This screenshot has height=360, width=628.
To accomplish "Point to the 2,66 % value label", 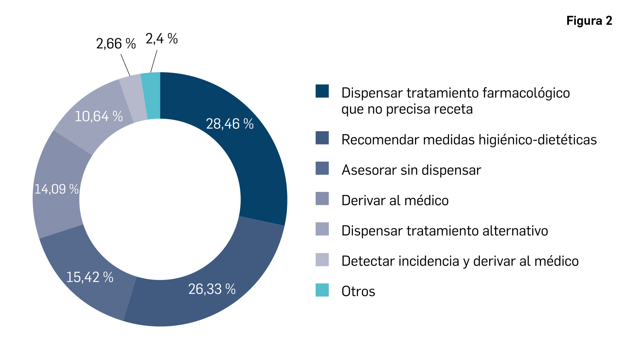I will (116, 44).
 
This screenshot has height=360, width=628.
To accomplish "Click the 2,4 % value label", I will (161, 39).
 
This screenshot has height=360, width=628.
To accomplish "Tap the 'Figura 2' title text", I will (589, 21).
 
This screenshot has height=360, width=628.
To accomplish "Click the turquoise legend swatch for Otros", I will (322, 290).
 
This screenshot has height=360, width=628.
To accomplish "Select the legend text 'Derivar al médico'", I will (395, 200).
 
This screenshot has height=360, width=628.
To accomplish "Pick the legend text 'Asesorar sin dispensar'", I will (411, 170).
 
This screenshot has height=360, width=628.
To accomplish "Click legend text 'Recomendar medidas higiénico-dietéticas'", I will (469, 139).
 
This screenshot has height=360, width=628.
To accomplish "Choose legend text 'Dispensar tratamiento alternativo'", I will (444, 230).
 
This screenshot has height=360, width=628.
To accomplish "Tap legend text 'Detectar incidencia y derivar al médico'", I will (460, 261).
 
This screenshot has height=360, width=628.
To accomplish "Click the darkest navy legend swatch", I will (322, 91).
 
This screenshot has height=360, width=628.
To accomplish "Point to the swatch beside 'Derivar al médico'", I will (322, 199).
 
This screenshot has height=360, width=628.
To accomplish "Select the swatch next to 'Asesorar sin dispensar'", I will (322, 168).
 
